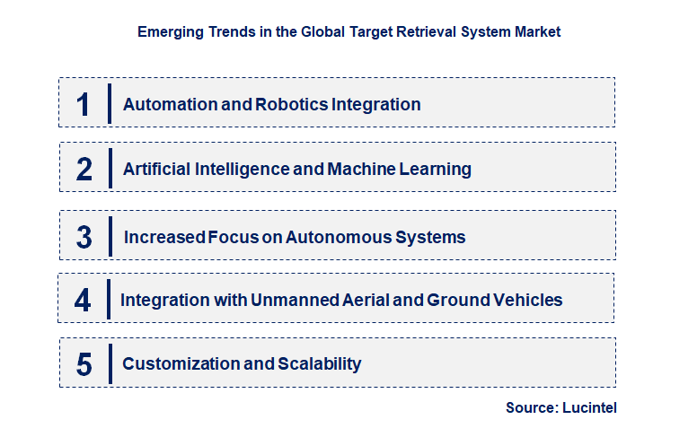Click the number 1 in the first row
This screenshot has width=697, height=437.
pos(84,104)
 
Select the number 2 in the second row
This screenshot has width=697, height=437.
pos(84,169)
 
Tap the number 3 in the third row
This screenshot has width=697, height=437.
pos(84,238)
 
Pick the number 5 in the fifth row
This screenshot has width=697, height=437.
pos(84,364)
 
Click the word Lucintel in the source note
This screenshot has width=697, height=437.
pos(590,408)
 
